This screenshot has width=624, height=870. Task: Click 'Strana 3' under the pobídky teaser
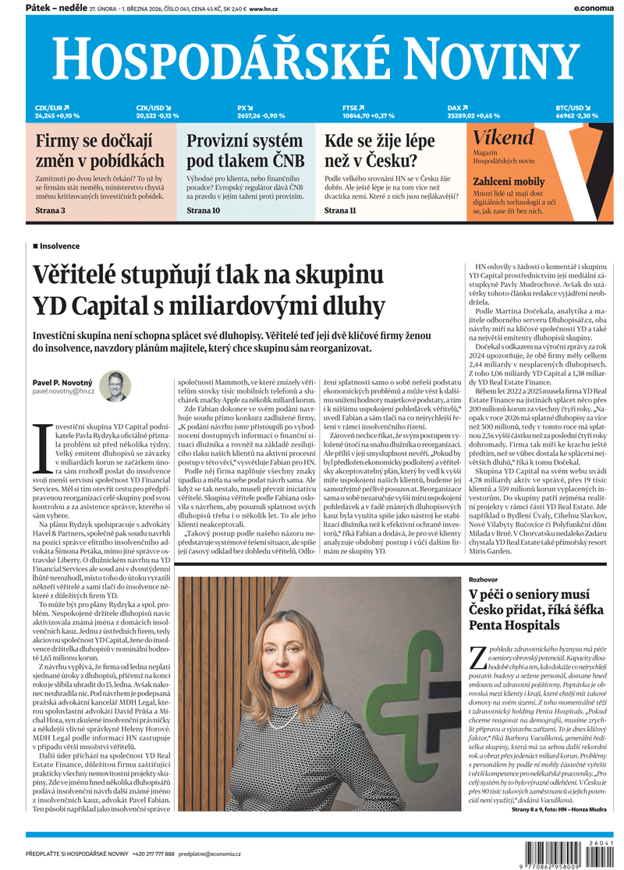tap(50, 210)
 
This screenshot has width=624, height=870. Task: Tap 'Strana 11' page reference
tap(340, 210)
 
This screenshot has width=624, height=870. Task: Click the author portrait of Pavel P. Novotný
tap(115, 386)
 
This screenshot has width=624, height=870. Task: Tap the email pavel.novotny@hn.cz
tap(63, 391)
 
